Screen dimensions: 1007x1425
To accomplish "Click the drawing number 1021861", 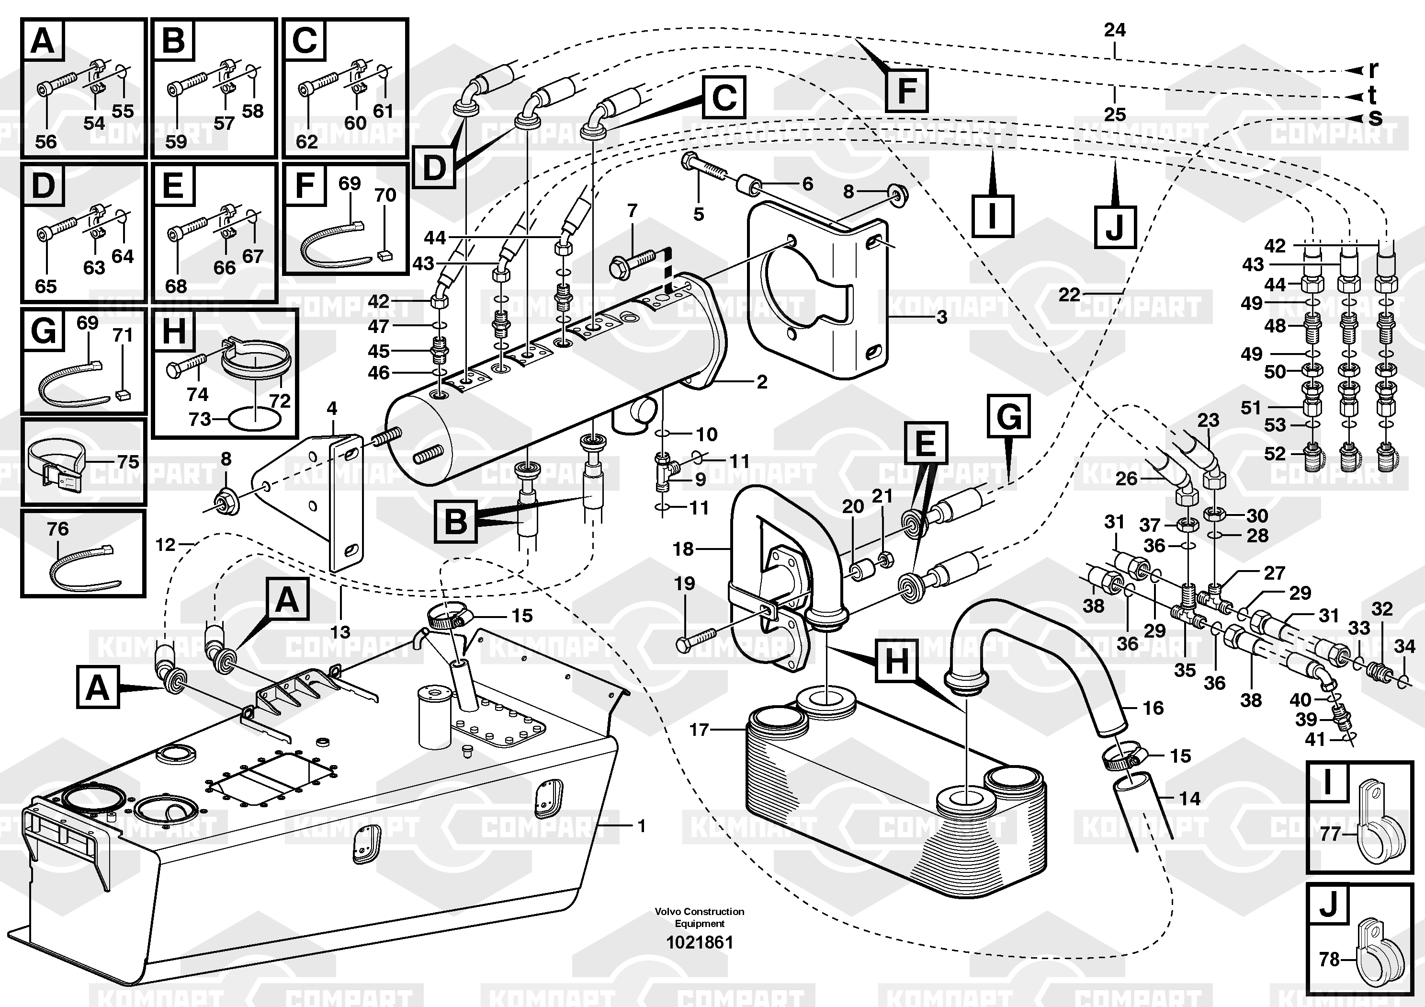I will coord(700,942).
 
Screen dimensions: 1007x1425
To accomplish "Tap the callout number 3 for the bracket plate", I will coord(941,317).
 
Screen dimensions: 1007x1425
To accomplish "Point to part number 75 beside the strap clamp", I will coord(128,462).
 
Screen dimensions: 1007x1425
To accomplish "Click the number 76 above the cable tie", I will coord(58,529).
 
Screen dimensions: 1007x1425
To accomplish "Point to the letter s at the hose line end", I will coord(1375,117).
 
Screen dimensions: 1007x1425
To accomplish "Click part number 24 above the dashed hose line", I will coord(1115,30).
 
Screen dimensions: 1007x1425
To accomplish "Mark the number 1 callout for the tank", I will coord(642,826).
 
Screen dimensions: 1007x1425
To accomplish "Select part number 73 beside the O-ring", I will coord(200,420).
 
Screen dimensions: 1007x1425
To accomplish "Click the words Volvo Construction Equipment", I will coord(700,917).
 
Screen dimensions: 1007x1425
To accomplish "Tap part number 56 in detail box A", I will coord(46,141).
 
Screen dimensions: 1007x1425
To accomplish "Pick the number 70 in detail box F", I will coord(385,195).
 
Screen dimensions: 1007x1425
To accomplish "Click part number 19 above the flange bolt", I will coord(685,584).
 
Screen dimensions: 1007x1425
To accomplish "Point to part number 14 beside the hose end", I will coord(1189,799).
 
